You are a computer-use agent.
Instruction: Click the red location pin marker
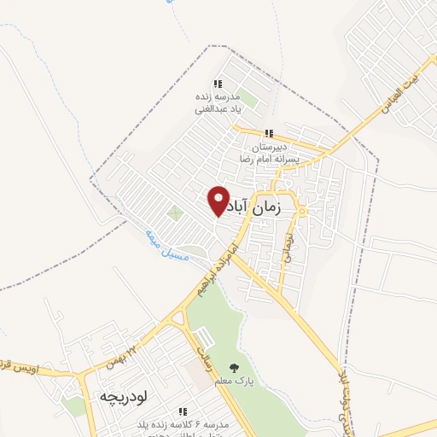[219, 201]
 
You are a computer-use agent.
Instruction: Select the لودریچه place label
[124, 398]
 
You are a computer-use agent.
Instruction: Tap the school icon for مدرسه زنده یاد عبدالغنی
[218, 84]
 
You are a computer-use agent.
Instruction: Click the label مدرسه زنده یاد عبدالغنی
[218, 102]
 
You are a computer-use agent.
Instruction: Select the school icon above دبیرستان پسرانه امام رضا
[268, 133]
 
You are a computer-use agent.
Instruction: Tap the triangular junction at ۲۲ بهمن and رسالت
[180, 319]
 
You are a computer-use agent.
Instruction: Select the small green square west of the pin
[175, 213]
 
